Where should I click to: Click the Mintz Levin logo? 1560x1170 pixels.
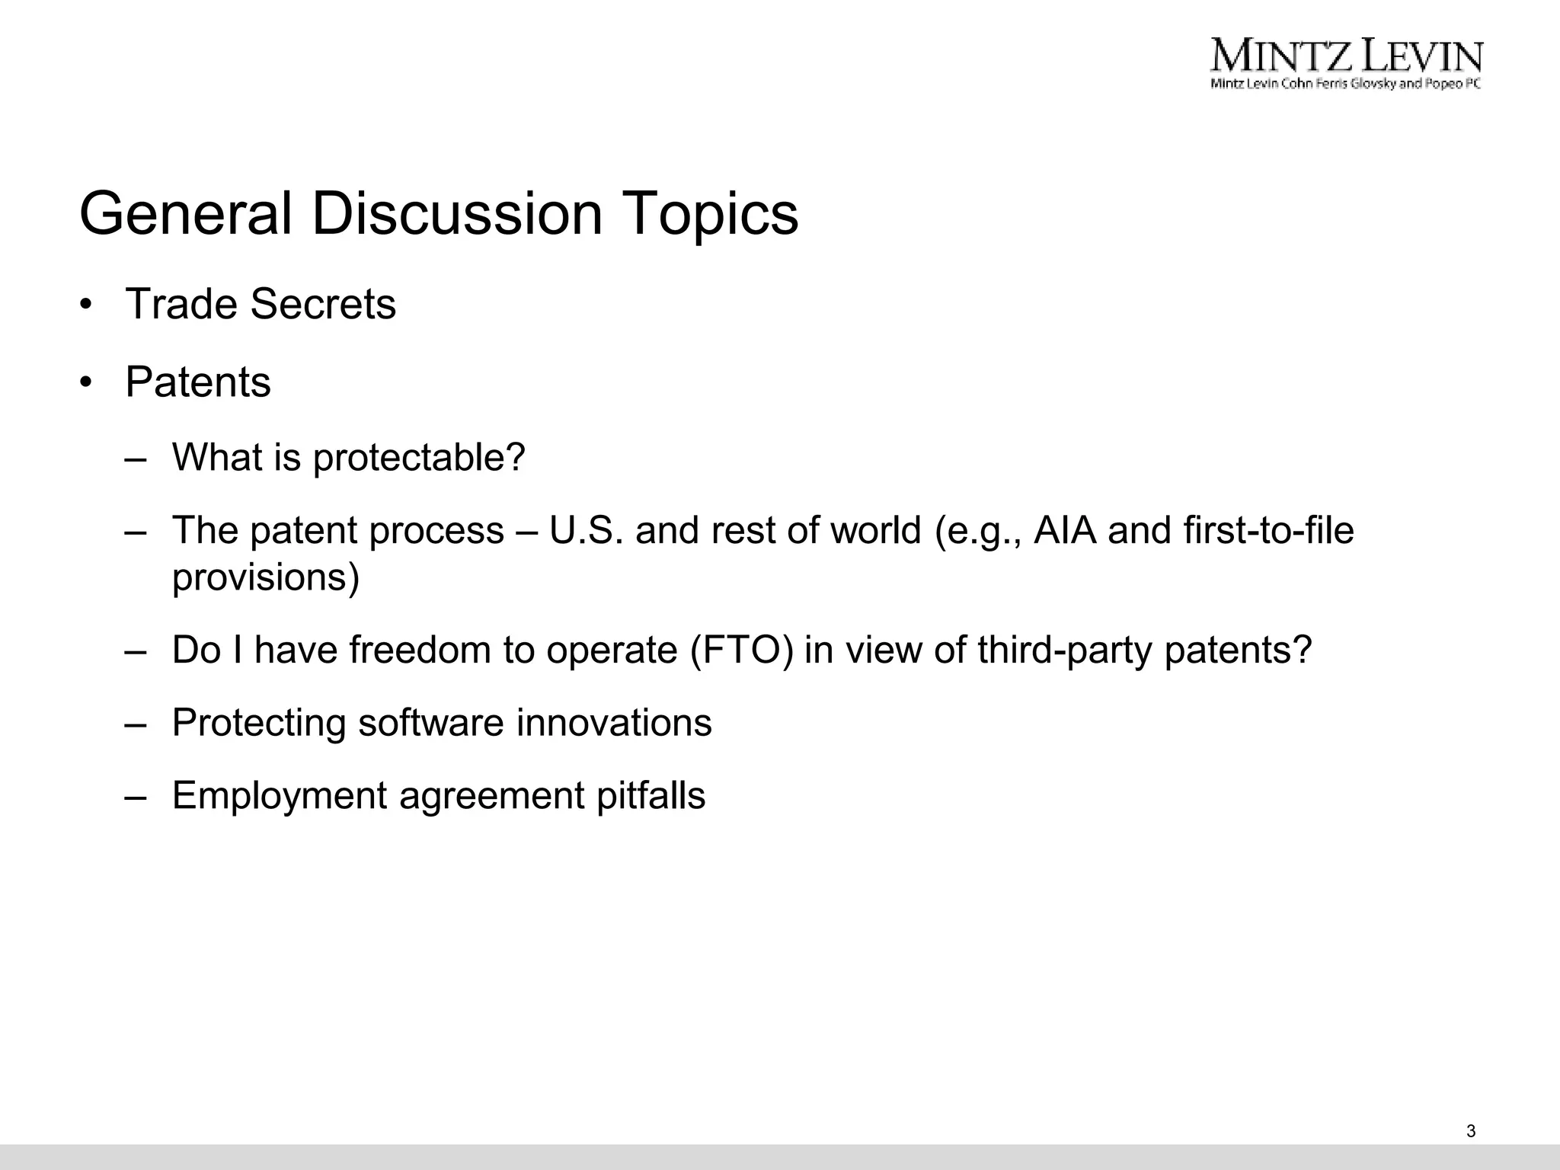pyautogui.click(x=1346, y=63)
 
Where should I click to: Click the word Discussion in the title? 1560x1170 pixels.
pyautogui.click(x=457, y=214)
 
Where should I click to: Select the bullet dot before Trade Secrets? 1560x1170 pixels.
pyautogui.click(x=86, y=305)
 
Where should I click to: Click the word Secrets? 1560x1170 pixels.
pyautogui.click(x=323, y=304)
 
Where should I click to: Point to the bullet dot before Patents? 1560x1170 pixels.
pyautogui.click(x=86, y=383)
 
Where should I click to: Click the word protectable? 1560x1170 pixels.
pyautogui.click(x=419, y=458)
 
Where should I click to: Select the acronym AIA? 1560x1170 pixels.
pyautogui.click(x=1065, y=530)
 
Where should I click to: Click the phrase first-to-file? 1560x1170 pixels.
pyautogui.click(x=1269, y=530)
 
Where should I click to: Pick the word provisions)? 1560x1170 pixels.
pyautogui.click(x=266, y=577)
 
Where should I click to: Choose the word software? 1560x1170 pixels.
pyautogui.click(x=431, y=722)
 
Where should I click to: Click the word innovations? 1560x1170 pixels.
pyautogui.click(x=614, y=722)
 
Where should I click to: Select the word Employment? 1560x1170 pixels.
pyautogui.click(x=280, y=795)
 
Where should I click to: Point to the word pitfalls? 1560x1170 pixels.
pyautogui.click(x=651, y=795)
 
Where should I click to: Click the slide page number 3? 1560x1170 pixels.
pyautogui.click(x=1470, y=1131)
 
